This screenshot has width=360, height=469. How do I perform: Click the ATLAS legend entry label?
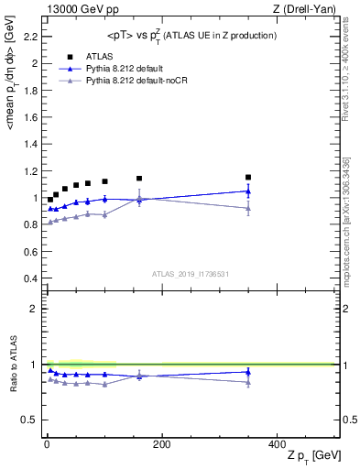point(99,56)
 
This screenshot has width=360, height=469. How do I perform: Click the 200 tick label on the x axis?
point(162,443)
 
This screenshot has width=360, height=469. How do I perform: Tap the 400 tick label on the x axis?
point(277,443)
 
